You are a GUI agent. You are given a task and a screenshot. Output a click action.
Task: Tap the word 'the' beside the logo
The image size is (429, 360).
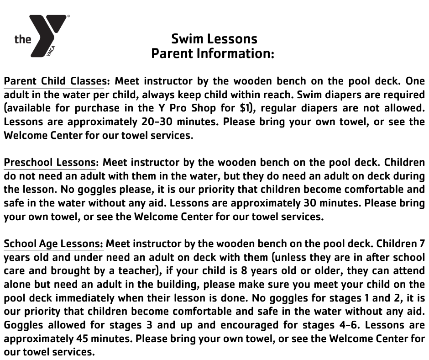[23, 39]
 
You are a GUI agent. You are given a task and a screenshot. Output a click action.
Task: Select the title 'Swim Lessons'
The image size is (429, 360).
[214, 39]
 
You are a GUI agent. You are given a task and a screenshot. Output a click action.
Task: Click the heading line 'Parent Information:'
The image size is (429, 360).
[213, 53]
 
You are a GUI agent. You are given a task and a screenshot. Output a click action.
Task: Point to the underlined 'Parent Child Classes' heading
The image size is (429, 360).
[55, 81]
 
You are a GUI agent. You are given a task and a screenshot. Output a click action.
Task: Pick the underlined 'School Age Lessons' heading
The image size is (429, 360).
[53, 244]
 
